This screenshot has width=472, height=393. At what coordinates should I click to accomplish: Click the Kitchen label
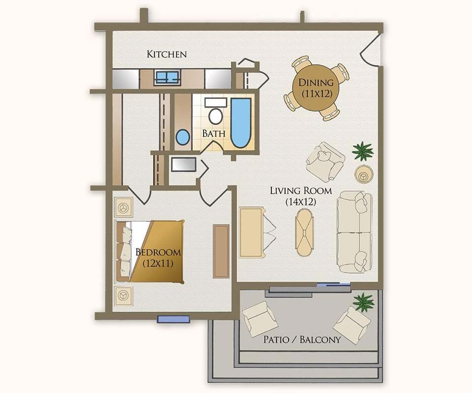click(167, 54)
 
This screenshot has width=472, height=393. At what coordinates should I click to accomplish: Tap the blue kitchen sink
click(167, 77)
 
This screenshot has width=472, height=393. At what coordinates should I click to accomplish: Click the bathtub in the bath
click(240, 123)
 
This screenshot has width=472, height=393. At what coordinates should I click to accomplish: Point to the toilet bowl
click(215, 116)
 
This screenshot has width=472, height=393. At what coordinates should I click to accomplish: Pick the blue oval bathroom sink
click(182, 137)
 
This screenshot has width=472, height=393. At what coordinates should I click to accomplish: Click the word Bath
click(214, 134)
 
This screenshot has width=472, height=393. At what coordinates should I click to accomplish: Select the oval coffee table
click(305, 232)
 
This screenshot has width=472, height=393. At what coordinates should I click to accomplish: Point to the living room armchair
click(324, 162)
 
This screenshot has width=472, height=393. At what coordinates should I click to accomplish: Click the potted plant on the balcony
click(363, 302)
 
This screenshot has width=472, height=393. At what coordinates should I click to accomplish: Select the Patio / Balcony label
click(302, 340)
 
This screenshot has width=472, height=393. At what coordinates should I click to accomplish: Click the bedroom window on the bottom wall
click(174, 319)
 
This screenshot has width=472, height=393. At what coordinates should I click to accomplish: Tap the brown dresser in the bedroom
click(221, 252)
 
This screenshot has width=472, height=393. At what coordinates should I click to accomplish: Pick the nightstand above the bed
click(123, 207)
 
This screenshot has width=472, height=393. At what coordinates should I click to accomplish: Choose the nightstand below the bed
click(123, 295)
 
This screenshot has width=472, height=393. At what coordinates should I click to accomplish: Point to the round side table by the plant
click(364, 174)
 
